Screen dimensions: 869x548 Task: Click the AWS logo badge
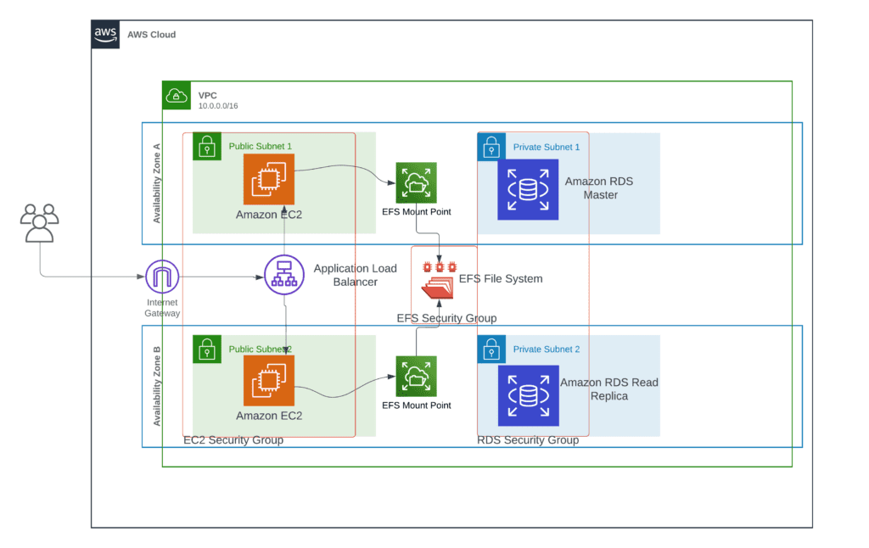[105, 34]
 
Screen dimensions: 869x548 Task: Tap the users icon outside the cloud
[39, 223]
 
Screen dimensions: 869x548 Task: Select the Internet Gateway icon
[162, 277]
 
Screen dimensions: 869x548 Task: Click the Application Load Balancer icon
[284, 275]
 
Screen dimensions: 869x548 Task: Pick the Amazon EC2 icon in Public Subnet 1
[269, 180]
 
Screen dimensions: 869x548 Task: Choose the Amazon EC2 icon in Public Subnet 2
[269, 381]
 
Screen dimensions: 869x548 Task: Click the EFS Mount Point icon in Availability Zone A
[416, 183]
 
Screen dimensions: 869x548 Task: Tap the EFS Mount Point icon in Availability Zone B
[416, 377]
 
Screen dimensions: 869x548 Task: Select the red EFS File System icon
[439, 281]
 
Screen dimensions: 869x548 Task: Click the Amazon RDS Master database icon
[528, 189]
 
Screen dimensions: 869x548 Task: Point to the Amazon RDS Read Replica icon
[528, 395]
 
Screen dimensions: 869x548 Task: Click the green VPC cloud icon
[177, 95]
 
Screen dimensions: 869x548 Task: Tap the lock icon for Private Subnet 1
[491, 147]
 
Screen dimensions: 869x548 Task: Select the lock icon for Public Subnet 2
[207, 349]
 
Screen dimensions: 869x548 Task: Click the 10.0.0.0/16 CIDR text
[218, 106]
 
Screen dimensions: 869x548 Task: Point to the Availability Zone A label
[157, 183]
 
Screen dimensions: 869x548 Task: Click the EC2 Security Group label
[233, 440]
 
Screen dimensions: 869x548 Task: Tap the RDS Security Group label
[528, 440]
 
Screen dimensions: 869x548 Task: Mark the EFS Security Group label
[446, 318]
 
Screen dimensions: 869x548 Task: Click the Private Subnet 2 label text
[547, 349]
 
